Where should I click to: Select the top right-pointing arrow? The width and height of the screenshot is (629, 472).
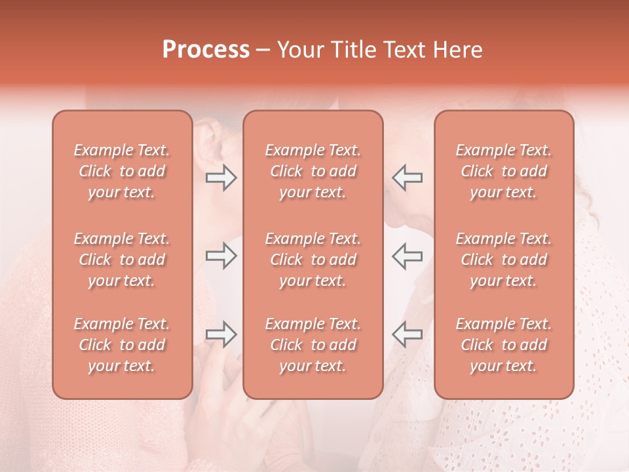[x=221, y=178]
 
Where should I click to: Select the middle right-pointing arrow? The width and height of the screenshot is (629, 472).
[x=221, y=256]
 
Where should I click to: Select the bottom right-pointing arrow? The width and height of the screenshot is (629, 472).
[x=221, y=335]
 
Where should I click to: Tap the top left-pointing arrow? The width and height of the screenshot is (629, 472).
[x=407, y=178]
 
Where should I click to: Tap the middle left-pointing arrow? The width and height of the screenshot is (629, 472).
[x=407, y=256]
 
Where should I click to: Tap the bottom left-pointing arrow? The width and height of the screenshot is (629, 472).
[x=407, y=335]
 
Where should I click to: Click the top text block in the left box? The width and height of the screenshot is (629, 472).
[x=122, y=171]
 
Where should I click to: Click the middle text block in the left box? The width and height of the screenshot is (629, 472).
[x=122, y=260]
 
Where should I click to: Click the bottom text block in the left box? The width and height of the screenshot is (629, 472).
[x=122, y=345]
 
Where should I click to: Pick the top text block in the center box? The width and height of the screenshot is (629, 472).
[x=313, y=171]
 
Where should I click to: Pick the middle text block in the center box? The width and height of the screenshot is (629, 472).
[x=313, y=260]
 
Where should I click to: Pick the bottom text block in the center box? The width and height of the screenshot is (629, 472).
[x=313, y=345]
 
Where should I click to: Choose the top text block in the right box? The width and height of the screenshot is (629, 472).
[x=503, y=171]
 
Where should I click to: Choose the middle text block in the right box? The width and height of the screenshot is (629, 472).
[x=503, y=260]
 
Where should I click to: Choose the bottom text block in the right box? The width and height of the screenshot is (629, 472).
[x=503, y=345]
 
